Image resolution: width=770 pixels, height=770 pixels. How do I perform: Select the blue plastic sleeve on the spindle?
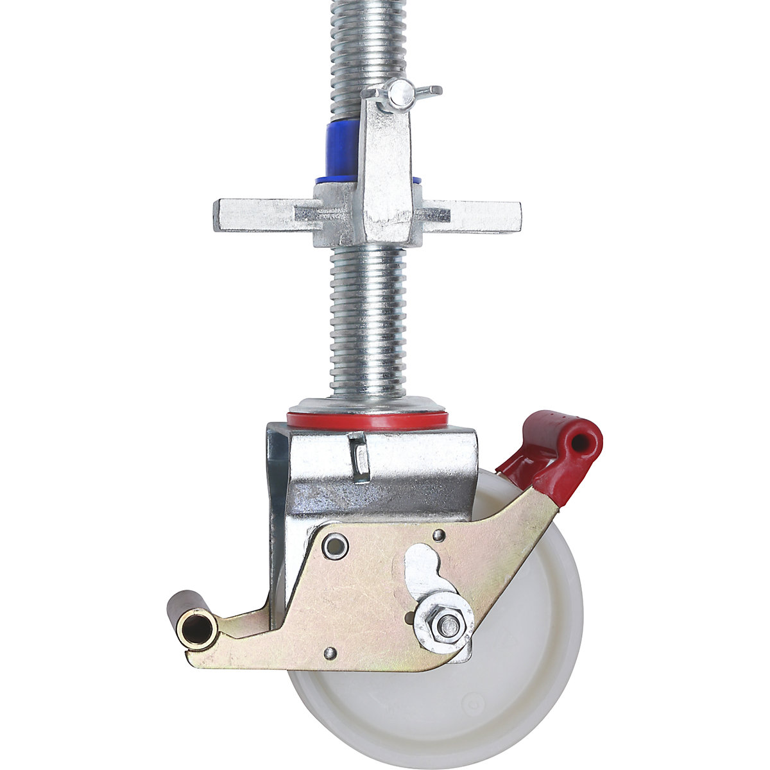343,150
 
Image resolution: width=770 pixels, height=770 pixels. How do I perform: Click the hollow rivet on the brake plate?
334,545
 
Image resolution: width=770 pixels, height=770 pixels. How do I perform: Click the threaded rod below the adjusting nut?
368,321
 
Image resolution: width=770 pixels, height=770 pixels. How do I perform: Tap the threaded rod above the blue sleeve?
368,45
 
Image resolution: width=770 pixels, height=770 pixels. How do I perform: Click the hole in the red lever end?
580,442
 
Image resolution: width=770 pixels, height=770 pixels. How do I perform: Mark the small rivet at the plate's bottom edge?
330,653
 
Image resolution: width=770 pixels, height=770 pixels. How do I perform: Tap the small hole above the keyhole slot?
438,535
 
